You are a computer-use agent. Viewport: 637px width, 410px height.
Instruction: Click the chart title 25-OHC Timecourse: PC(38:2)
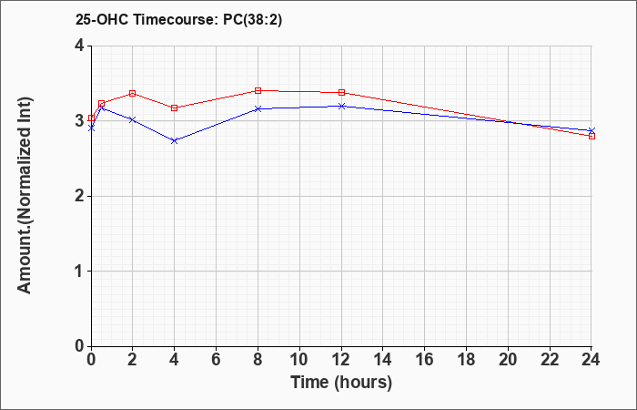pyautogui.click(x=178, y=20)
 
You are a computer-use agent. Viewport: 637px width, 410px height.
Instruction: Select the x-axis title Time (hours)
pyautogui.click(x=341, y=383)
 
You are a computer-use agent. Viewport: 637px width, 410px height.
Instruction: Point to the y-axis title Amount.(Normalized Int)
pyautogui.click(x=25, y=195)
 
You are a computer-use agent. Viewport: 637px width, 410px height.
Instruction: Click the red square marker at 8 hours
pyautogui.click(x=258, y=91)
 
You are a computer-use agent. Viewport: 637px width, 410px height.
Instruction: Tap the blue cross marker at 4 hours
pyautogui.click(x=175, y=140)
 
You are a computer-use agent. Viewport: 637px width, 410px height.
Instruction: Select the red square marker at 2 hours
pyautogui.click(x=132, y=94)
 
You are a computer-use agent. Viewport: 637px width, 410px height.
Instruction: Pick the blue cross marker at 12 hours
pyautogui.click(x=341, y=107)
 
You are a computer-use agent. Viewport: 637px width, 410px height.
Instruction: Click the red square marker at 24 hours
pyautogui.click(x=591, y=137)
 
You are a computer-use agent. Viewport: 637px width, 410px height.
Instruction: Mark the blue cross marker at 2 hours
pyautogui.click(x=132, y=120)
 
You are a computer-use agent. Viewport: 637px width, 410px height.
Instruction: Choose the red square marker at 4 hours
pyautogui.click(x=175, y=108)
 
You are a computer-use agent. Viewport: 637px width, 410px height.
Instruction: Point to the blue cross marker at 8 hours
pyautogui.click(x=258, y=109)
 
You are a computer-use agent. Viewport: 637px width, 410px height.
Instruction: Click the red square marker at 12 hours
pyautogui.click(x=341, y=93)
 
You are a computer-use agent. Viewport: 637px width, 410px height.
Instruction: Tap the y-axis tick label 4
pyautogui.click(x=79, y=46)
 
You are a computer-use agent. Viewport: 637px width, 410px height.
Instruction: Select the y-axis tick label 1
pyautogui.click(x=79, y=272)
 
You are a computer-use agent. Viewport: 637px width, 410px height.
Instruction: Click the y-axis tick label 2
pyautogui.click(x=79, y=197)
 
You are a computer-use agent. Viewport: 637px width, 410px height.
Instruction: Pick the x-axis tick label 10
pyautogui.click(x=299, y=360)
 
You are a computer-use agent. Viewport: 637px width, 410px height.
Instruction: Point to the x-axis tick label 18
pyautogui.click(x=466, y=360)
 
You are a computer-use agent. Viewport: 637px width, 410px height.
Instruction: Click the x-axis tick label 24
pyautogui.click(x=591, y=360)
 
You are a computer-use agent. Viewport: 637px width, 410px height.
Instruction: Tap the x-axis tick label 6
pyautogui.click(x=217, y=360)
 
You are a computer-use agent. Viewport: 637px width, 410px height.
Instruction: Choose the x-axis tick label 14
pyautogui.click(x=383, y=360)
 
